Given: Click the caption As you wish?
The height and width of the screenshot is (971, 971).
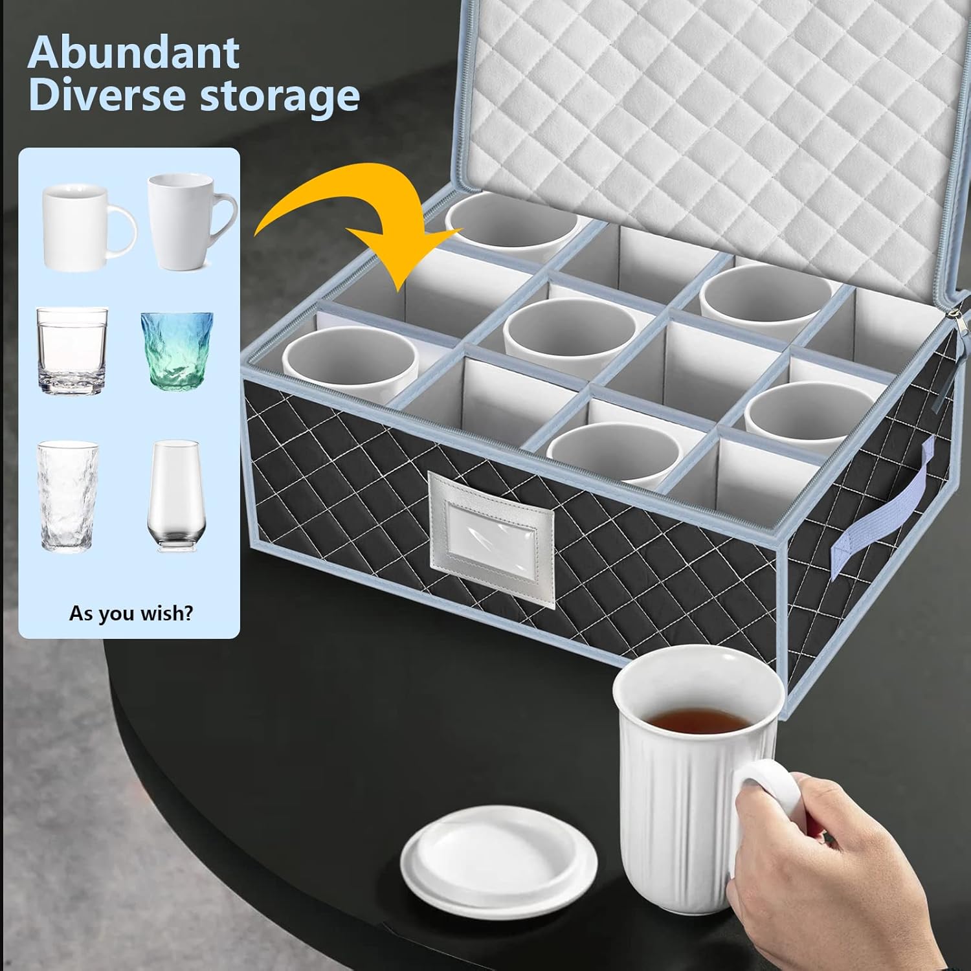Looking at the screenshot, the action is (x=131, y=612).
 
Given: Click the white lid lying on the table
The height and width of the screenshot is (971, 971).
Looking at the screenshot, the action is (x=498, y=854).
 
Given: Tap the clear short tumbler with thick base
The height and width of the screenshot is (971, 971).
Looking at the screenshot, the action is (x=72, y=351).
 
